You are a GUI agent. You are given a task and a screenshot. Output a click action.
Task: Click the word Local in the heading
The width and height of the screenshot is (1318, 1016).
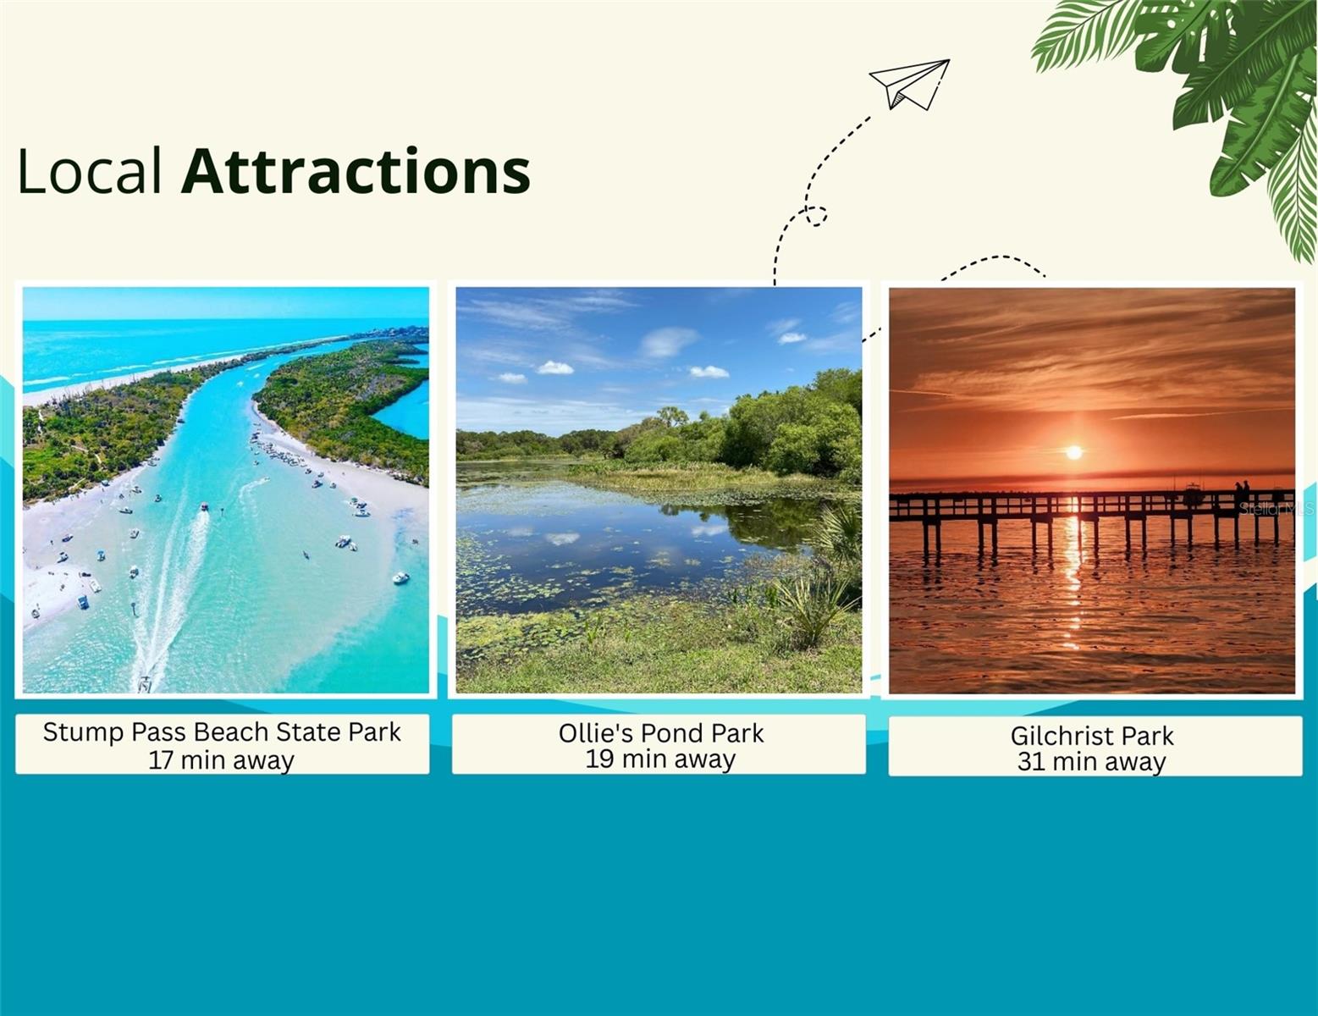(90, 172)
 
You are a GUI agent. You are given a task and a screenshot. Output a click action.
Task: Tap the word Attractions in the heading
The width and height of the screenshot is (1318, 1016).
(356, 171)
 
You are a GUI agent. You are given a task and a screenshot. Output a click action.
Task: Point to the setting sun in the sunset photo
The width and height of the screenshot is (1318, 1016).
(1074, 452)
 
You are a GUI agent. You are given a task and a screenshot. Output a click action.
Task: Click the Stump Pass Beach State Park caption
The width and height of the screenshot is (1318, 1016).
(222, 744)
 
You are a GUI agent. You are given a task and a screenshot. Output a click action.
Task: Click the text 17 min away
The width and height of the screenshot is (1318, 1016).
(222, 760)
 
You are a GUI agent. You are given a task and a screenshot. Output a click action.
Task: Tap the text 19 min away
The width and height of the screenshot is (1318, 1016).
(660, 759)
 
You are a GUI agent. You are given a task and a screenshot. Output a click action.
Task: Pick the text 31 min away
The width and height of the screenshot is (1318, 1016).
(1092, 762)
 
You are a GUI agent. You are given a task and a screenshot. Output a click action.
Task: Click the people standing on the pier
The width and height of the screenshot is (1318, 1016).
(1242, 493)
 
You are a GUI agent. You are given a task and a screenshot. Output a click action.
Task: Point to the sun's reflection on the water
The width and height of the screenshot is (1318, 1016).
(1073, 577)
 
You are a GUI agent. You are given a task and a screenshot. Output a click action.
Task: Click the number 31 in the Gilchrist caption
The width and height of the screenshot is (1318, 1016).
(1031, 762)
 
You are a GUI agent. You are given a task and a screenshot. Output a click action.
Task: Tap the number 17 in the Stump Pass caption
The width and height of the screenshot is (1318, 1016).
(162, 760)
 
